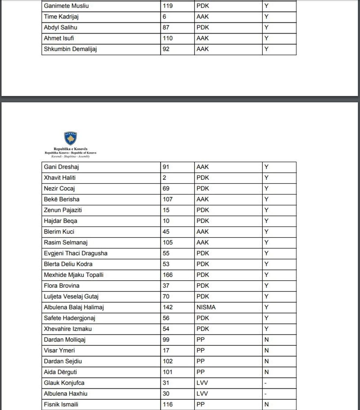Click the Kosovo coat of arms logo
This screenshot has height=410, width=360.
point(70,139)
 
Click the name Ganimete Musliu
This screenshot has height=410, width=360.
point(66,6)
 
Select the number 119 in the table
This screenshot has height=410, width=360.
point(168,6)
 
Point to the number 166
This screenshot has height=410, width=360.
point(168,275)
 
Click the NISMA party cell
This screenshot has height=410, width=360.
point(206,307)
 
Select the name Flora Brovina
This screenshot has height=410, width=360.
point(61,286)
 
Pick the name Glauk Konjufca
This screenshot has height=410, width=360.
point(64,383)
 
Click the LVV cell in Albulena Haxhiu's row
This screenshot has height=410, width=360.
point(202,393)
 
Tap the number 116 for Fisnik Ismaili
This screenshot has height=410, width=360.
point(168,404)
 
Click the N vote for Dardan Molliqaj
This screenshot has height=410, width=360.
point(266,340)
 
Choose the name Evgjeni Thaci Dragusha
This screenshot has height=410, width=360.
point(76,253)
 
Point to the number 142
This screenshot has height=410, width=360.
point(168,307)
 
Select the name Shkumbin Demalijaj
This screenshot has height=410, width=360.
point(70,49)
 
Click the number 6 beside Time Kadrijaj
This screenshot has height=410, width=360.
point(164,17)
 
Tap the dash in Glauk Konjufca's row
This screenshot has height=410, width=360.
point(266,383)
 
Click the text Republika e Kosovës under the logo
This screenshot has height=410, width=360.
point(71,149)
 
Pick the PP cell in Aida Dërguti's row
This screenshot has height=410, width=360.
point(201,372)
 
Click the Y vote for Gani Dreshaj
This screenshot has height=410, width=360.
point(266,167)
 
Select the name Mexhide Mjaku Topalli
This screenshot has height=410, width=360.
point(73,275)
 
